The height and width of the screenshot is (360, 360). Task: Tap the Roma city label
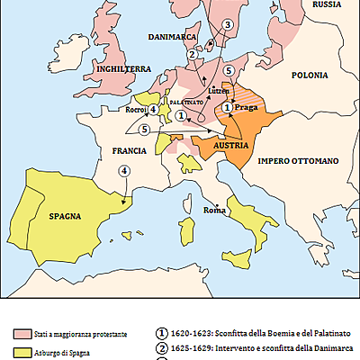pos(214,210)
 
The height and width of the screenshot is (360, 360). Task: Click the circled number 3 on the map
pos(228,24)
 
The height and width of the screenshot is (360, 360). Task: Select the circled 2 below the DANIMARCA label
pos(192,54)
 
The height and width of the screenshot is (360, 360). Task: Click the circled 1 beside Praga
pos(228,107)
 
